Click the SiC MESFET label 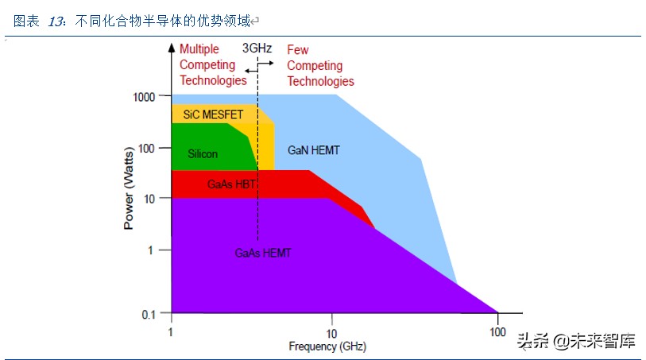[213, 114]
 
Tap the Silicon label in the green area [203, 154]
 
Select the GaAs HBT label [230, 184]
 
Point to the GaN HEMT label [314, 150]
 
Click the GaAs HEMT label [263, 253]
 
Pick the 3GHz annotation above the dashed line [257, 48]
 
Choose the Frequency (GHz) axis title [327, 346]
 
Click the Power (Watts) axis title [129, 188]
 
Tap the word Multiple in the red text [199, 49]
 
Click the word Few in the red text [298, 50]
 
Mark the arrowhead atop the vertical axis [172, 47]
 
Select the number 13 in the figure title [56, 22]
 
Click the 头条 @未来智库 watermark [576, 342]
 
